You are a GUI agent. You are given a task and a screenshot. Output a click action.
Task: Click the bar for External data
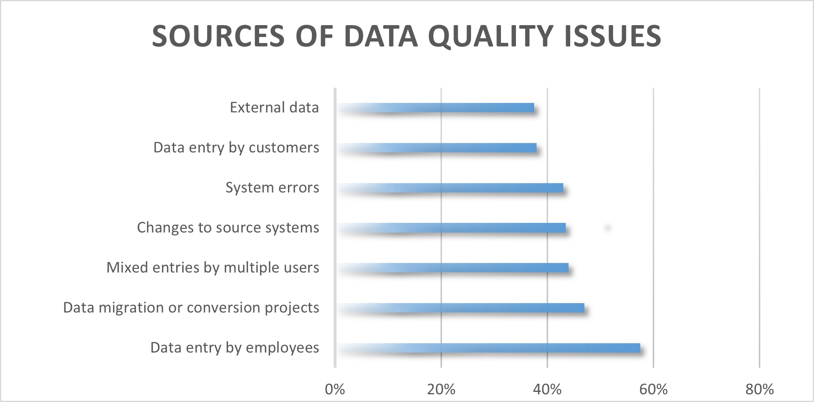pos(435,107)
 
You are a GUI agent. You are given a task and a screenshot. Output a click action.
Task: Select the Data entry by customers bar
pos(436,148)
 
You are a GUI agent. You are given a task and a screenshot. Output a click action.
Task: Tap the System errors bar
pos(450,188)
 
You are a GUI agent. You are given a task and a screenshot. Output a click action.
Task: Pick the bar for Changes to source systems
pos(451,228)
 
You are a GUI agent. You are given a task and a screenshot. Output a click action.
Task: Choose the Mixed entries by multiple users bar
pos(452,268)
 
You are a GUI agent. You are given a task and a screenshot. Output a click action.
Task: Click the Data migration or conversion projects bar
pos(460,308)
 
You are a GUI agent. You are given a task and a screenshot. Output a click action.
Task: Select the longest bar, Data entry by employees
pos(488,348)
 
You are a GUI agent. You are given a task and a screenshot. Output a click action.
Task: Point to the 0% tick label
pos(335,389)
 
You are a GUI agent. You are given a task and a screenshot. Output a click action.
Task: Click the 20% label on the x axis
pos(441,389)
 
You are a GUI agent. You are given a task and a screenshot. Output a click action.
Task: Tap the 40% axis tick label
pos(547,389)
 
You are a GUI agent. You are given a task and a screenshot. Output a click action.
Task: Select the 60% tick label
pos(653,389)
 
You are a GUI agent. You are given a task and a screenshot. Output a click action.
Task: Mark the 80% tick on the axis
pos(759,389)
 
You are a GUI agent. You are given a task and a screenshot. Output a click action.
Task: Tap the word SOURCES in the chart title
pos(218,36)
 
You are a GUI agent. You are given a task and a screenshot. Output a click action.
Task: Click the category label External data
pos(274,107)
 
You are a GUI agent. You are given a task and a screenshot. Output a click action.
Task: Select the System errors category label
pos(272,188)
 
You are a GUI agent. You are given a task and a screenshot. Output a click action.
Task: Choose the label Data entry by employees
pos(234,348)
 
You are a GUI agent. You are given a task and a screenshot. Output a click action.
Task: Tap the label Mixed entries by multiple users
pos(213,268)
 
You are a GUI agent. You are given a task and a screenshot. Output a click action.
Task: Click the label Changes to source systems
pos(228,228)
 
